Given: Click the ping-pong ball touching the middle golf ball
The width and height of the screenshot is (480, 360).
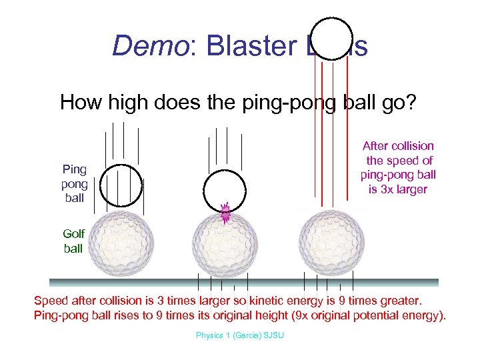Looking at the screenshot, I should pyautogui.click(x=225, y=191).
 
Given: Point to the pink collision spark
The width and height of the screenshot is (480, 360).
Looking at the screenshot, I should pyautogui.click(x=225, y=213).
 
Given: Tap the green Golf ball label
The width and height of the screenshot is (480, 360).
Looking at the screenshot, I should pyautogui.click(x=73, y=241).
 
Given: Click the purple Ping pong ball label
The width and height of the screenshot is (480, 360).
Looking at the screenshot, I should pyautogui.click(x=74, y=183).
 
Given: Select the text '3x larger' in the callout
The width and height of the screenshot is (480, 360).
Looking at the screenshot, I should pyautogui.click(x=399, y=189).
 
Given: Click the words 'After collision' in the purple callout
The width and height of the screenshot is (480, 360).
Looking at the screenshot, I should pyautogui.click(x=398, y=146).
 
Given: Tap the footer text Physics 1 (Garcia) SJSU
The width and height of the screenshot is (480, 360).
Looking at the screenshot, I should pyautogui.click(x=239, y=335).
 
